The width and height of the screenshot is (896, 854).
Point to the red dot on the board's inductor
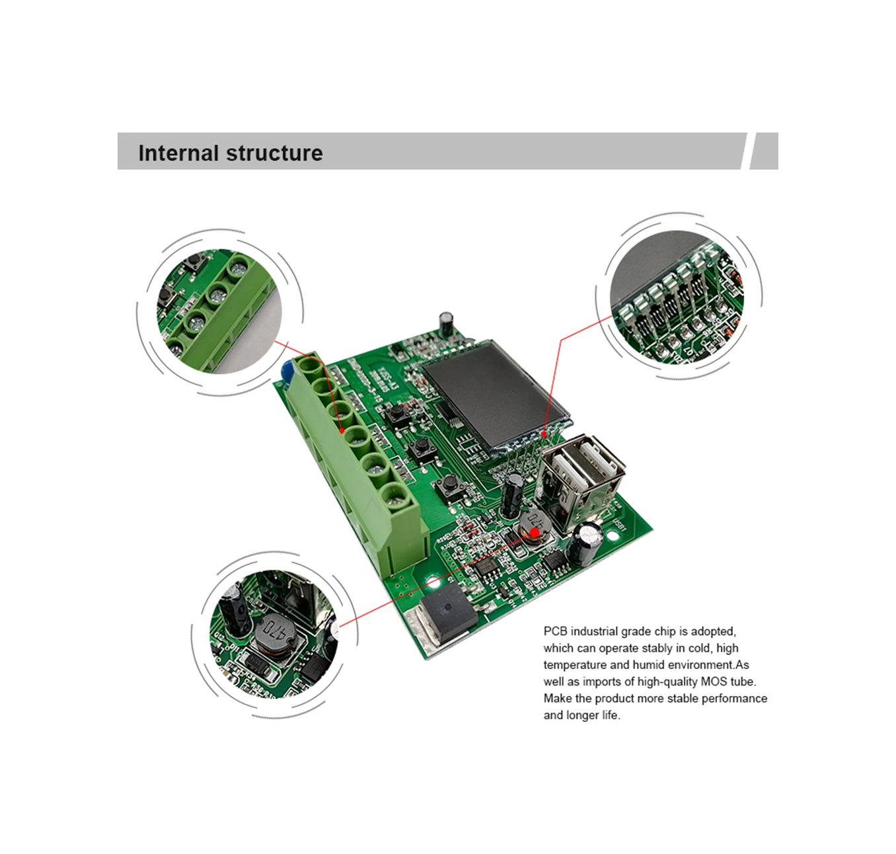pos(534,532)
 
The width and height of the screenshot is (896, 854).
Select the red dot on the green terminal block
pos(342,431)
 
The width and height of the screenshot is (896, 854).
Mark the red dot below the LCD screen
pos(544,434)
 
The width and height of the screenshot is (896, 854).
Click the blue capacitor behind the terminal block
pos(287,373)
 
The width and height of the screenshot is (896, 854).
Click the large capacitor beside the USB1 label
pos(587,543)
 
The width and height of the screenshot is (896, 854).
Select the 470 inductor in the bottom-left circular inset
pos(275,634)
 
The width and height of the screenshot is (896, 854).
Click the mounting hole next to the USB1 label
pos(613,535)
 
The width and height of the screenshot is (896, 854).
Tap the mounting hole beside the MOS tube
pos(433,582)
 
